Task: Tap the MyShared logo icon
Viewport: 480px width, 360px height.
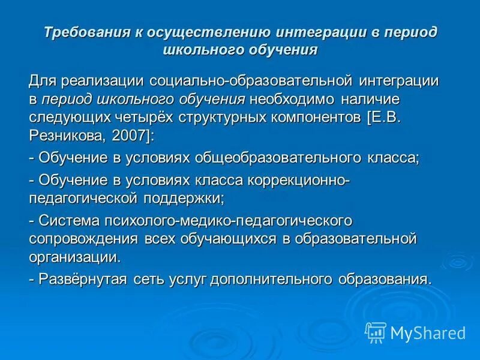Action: [x=376, y=332]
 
